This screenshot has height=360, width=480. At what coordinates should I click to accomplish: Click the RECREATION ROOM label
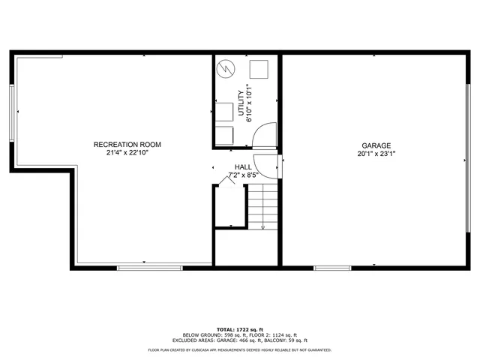127,144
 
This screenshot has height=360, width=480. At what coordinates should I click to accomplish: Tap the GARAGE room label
376,145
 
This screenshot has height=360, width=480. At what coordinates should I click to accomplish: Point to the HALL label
243,167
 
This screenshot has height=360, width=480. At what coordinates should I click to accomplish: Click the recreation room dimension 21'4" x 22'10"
127,153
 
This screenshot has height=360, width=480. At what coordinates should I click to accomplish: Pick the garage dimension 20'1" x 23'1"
376,154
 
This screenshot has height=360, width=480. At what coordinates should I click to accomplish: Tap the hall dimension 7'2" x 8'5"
243,175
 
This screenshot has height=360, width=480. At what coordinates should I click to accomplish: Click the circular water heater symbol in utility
226,70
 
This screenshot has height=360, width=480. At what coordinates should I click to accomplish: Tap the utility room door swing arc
264,137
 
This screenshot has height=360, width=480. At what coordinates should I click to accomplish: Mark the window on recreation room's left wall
12,112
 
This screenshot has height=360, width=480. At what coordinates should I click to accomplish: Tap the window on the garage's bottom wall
331,267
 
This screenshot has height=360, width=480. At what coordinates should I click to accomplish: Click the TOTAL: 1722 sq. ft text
240,329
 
